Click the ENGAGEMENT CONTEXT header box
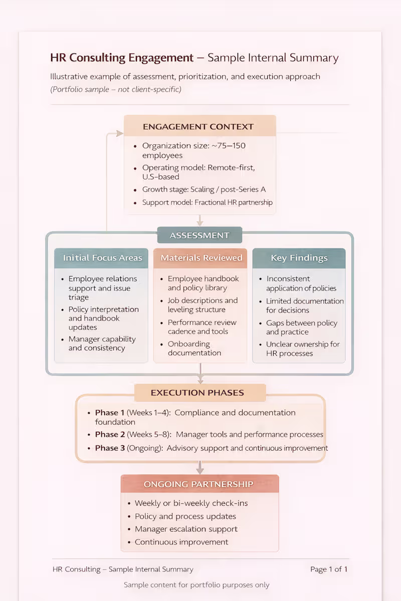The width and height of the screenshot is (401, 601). [x=199, y=126]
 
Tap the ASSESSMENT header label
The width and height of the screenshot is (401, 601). [x=199, y=235]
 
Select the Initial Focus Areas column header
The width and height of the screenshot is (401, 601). [x=102, y=258]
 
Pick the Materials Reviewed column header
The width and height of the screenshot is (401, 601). [x=201, y=258]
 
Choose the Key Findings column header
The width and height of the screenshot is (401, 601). [x=299, y=258]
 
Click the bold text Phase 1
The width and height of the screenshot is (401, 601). [x=110, y=413]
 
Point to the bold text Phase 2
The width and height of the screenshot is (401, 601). [x=110, y=434]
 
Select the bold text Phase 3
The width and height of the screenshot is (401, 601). [x=110, y=448]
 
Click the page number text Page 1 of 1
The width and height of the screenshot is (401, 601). [x=328, y=569]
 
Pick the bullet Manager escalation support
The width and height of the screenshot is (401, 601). [x=186, y=529]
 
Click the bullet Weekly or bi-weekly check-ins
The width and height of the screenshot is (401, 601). [x=191, y=503]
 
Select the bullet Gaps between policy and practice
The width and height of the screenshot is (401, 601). [x=301, y=328]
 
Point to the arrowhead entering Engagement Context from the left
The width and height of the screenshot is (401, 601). [x=119, y=133]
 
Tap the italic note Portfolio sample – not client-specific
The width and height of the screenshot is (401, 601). [x=116, y=90]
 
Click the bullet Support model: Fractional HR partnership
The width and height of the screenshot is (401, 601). [x=207, y=202]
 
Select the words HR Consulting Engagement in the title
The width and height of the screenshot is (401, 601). [x=122, y=58]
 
